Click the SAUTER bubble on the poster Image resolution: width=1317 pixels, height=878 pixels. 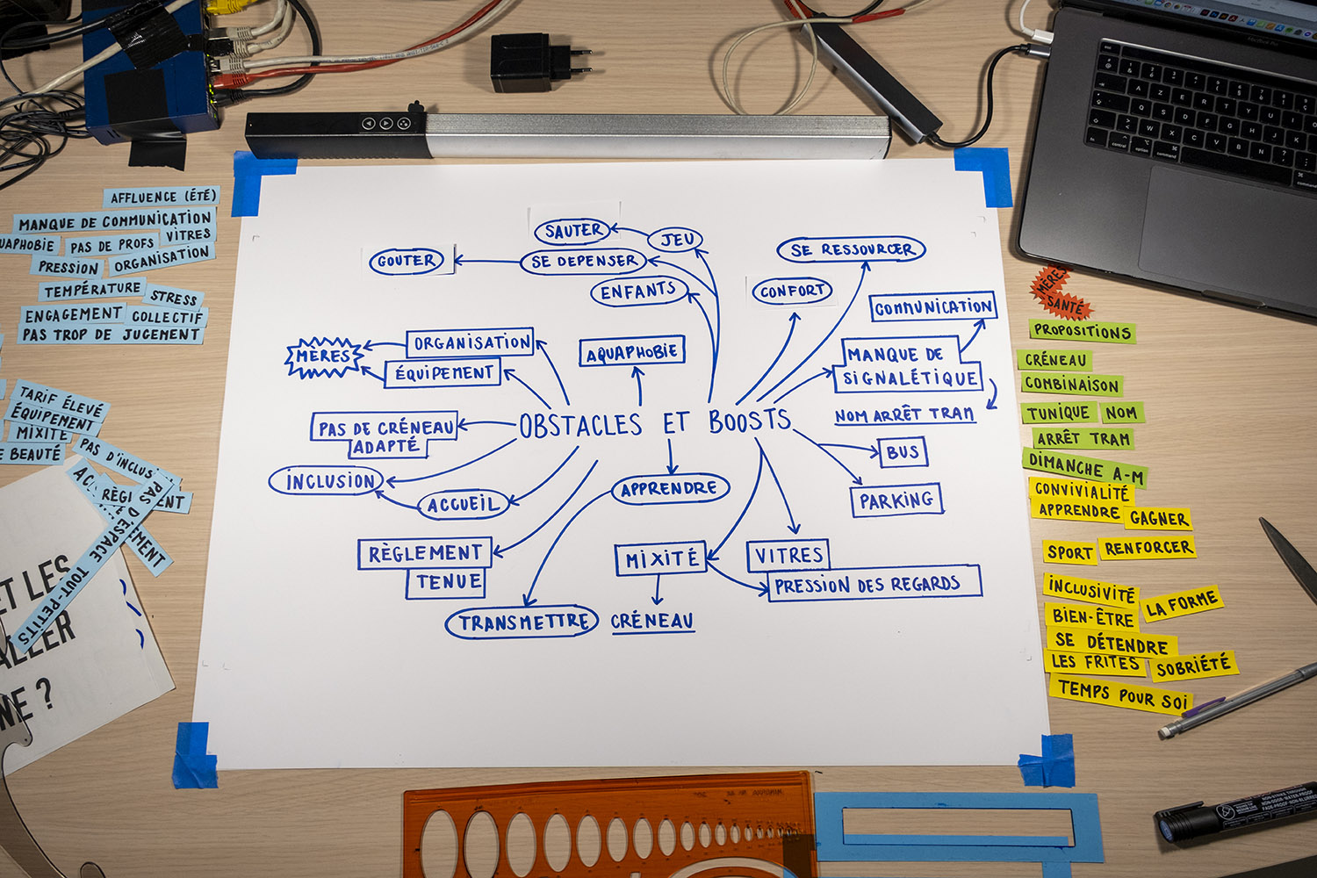pos(573,231)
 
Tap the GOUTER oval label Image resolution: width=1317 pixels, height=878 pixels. pos(405,261)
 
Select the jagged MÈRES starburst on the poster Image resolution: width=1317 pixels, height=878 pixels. pos(324,356)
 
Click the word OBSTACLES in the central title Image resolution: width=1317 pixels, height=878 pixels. pos(580,426)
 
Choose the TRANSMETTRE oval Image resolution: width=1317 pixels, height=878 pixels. pos(522,623)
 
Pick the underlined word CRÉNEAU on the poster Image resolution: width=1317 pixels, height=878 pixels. pos(651,621)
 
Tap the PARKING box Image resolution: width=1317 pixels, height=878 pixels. pos(896,500)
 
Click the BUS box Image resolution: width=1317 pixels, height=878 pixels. pos(902,452)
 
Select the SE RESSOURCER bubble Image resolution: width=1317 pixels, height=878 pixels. pos(851,249)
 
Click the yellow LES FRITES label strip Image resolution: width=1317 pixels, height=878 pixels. pos(1095,662)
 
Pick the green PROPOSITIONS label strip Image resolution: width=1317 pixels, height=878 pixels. pos(1082,331)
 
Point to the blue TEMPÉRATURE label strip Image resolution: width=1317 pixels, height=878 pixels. pos(91,289)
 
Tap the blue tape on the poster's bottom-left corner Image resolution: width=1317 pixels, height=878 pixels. pos(194,754)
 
